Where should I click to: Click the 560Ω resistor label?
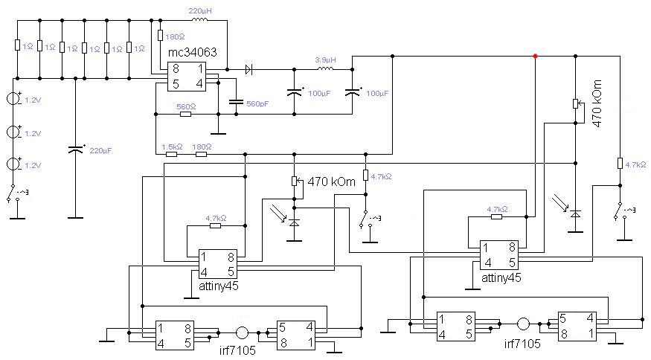pyautogui.click(x=185, y=106)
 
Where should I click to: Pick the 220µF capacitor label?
pyautogui.click(x=100, y=150)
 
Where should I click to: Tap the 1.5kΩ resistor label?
pyautogui.click(x=172, y=147)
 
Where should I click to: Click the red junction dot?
pyautogui.click(x=535, y=55)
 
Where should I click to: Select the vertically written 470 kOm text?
pyautogui.click(x=597, y=99)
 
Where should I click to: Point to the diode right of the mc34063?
pyautogui.click(x=249, y=69)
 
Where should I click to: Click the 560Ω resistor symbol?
pyautogui.click(x=185, y=114)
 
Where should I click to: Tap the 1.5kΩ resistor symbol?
pyautogui.click(x=172, y=155)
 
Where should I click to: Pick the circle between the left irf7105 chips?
pyautogui.click(x=242, y=332)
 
